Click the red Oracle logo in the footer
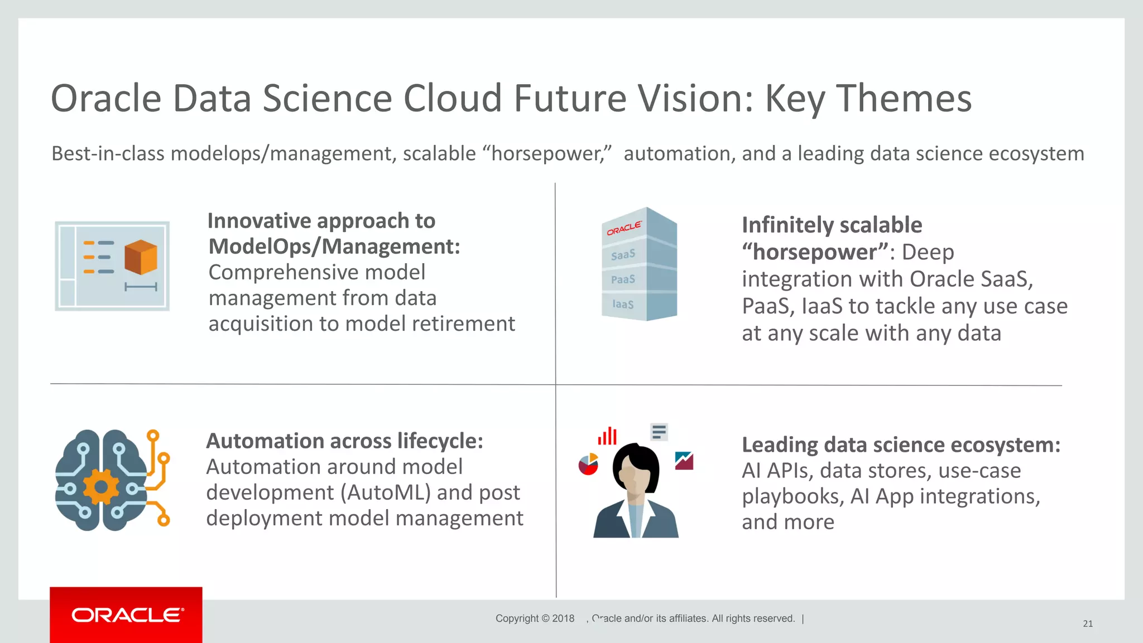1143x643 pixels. point(127,615)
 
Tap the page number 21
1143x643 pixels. point(1087,623)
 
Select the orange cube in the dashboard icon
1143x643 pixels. point(141,257)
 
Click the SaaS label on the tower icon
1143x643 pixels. point(623,255)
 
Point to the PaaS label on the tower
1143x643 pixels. point(623,279)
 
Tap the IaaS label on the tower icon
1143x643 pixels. point(623,304)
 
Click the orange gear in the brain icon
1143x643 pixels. point(101,487)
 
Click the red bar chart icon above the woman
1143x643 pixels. point(607,436)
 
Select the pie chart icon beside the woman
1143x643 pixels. point(588,464)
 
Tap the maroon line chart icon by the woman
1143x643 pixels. point(684,461)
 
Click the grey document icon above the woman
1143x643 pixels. point(659,432)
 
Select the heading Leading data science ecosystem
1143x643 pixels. point(901,445)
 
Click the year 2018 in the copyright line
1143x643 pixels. point(563,618)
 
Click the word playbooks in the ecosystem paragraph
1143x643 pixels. point(792,496)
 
